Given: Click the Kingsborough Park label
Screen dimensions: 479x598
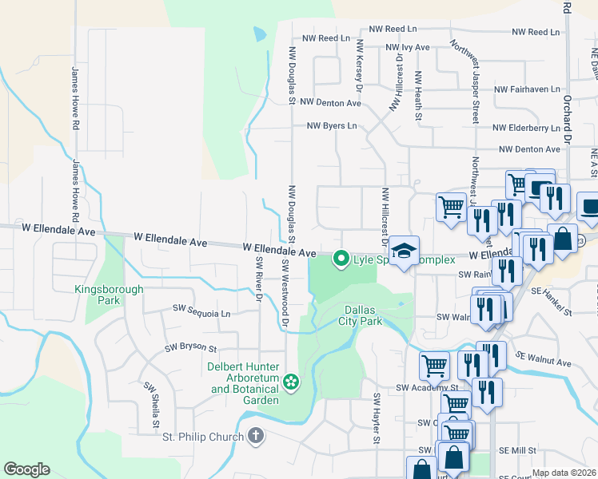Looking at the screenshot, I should pyautogui.click(x=97, y=295).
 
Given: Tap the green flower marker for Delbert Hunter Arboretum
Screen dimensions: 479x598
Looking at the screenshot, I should pyautogui.click(x=291, y=382).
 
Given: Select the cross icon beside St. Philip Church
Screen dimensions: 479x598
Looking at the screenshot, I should pyautogui.click(x=255, y=436).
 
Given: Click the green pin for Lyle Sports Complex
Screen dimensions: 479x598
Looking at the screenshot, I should pyautogui.click(x=341, y=259).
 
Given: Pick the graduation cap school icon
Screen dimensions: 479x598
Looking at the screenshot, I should pyautogui.click(x=405, y=251).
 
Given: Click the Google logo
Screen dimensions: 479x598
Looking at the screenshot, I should pyautogui.click(x=27, y=469).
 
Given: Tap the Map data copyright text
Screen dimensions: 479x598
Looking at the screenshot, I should pyautogui.click(x=564, y=473).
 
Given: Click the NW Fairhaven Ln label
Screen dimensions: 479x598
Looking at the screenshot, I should pyautogui.click(x=528, y=90).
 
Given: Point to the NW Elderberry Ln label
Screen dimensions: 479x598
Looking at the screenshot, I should pyautogui.click(x=526, y=128).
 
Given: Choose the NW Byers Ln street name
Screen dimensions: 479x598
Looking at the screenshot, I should pyautogui.click(x=332, y=126).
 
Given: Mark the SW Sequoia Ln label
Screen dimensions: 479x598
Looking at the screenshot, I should pyautogui.click(x=202, y=314).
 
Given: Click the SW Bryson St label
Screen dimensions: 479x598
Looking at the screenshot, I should pyautogui.click(x=191, y=348).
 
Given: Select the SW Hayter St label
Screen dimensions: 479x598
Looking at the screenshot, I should pyautogui.click(x=376, y=418).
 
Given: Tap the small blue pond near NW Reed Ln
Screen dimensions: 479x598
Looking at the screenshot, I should pyautogui.click(x=259, y=34).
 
